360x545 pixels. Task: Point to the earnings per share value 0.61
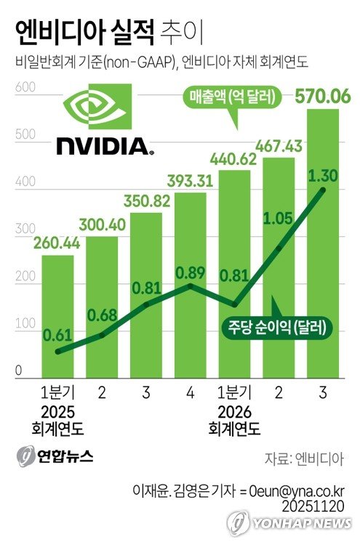pyautogui.click(x=57, y=334)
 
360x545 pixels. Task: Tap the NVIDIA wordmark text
pyautogui.click(x=104, y=146)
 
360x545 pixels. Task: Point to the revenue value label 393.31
pyautogui.click(x=191, y=180)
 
